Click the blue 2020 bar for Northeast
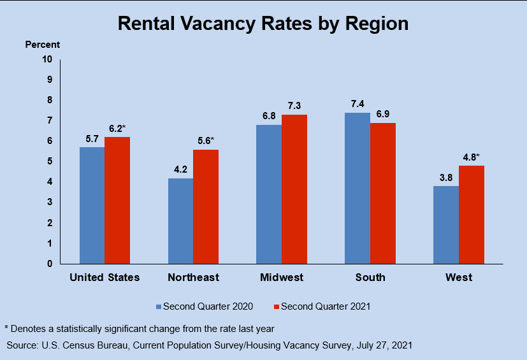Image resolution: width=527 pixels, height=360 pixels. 180,220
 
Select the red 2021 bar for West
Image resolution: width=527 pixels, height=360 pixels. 472,214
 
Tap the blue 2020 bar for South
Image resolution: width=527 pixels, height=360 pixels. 357,188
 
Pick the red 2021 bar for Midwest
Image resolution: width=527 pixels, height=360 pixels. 294,189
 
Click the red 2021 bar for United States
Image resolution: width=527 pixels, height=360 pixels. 117,200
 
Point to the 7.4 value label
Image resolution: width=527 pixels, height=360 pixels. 357,104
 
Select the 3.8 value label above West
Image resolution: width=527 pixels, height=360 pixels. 445,177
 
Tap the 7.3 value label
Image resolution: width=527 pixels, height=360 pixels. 294,106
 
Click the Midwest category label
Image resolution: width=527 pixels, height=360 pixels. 282,278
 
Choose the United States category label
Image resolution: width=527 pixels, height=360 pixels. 105,278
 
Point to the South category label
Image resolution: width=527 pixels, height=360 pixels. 370,278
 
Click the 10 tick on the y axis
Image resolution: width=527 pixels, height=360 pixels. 47,59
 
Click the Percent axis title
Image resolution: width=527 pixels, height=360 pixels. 43,45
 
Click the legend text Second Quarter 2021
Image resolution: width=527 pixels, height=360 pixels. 326,306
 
